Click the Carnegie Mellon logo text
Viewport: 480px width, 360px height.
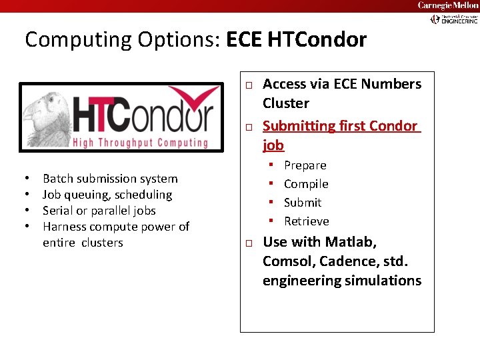coord(448,5)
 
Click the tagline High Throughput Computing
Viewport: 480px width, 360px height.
coord(140,143)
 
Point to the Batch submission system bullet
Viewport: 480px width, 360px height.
coord(110,179)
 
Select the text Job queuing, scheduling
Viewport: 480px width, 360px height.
coord(107,195)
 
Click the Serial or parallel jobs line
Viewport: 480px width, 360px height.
coord(99,211)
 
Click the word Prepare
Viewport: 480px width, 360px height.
coord(305,165)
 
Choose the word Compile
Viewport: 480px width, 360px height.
coord(306,184)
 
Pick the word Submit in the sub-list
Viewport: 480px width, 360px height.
coord(303,203)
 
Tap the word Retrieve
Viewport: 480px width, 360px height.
coord(307,221)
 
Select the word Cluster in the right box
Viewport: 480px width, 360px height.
coord(286,103)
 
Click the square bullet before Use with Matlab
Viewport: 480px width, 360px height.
coord(247,243)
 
